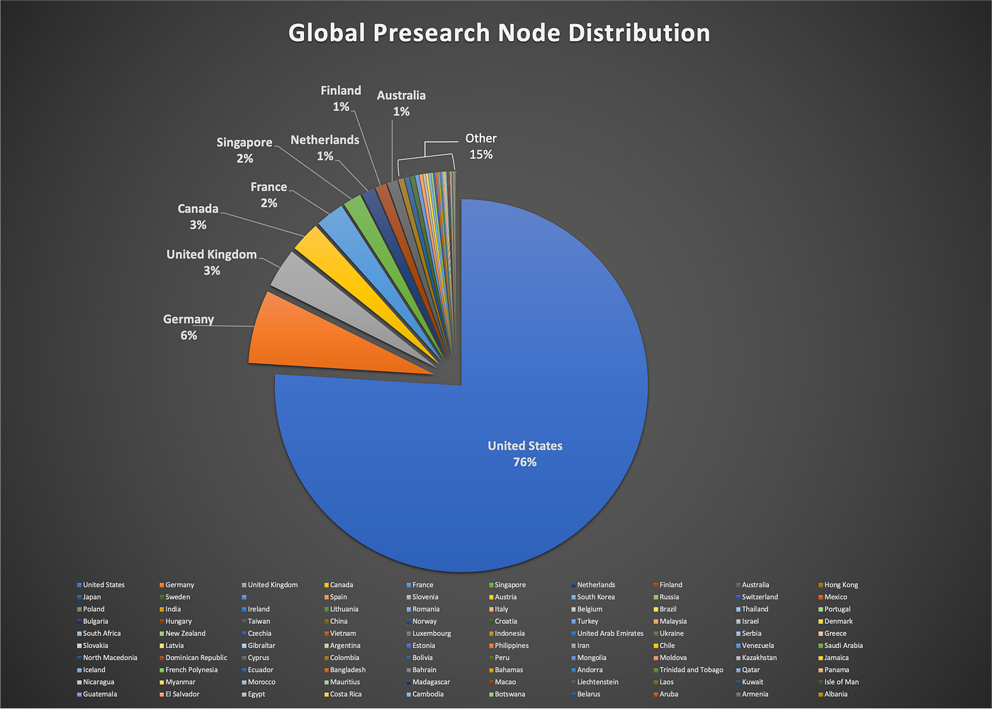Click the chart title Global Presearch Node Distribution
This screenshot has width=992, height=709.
click(x=499, y=33)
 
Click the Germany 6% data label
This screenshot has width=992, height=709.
click(x=188, y=327)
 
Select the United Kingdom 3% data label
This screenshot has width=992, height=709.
click(x=211, y=263)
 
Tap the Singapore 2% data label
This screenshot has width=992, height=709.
click(x=244, y=150)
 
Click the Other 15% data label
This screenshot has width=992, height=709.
click(x=481, y=147)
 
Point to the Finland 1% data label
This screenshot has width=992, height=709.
click(x=341, y=98)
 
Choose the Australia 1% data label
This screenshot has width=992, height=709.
click(x=401, y=103)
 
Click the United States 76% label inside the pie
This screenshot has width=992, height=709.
click(x=525, y=453)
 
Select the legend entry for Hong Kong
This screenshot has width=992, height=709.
click(x=838, y=584)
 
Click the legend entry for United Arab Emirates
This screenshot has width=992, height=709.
click(x=607, y=633)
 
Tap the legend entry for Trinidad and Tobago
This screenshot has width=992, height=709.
click(x=688, y=669)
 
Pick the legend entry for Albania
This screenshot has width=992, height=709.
click(x=833, y=694)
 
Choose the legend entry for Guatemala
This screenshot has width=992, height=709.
click(x=97, y=694)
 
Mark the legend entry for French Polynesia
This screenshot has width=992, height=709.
click(x=188, y=669)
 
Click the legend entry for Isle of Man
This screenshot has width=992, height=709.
click(x=839, y=682)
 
